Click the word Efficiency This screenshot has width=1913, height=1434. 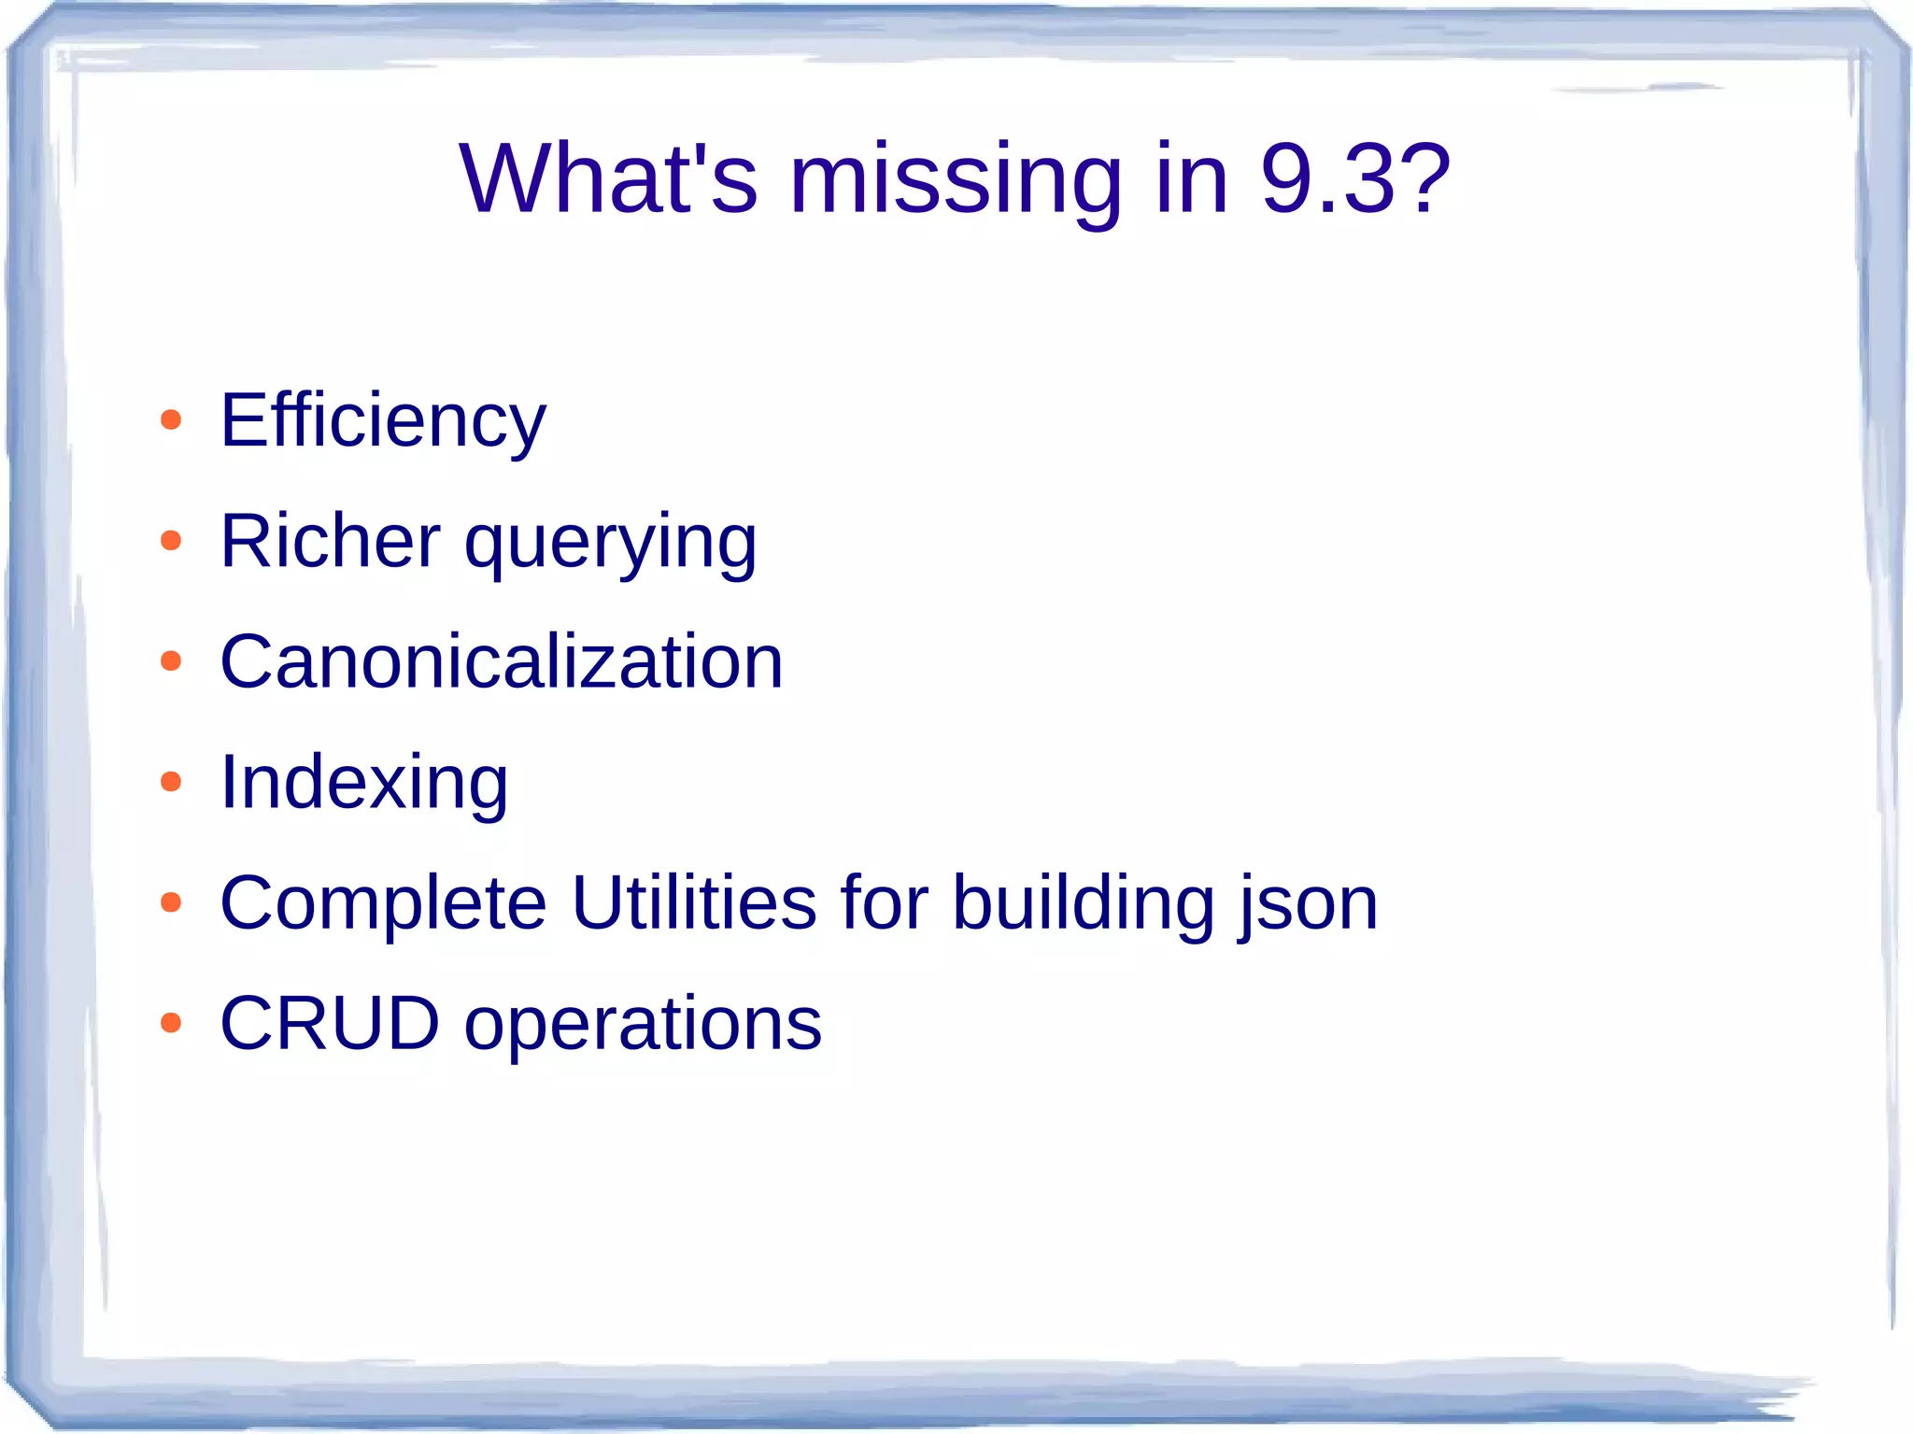383,420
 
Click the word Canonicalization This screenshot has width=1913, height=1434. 502,661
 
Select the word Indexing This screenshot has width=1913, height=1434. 364,782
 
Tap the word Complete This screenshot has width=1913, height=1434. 383,902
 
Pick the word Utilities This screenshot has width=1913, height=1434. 694,902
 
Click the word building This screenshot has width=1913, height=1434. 1084,902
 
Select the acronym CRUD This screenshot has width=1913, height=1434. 330,1023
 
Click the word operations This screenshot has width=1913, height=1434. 643,1025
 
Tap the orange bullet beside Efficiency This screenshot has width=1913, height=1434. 171,420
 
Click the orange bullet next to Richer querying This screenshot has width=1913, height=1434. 171,541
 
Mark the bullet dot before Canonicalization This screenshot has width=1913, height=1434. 171,661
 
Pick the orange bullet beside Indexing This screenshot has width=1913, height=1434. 171,782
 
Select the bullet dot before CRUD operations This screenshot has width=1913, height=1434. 171,1023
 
